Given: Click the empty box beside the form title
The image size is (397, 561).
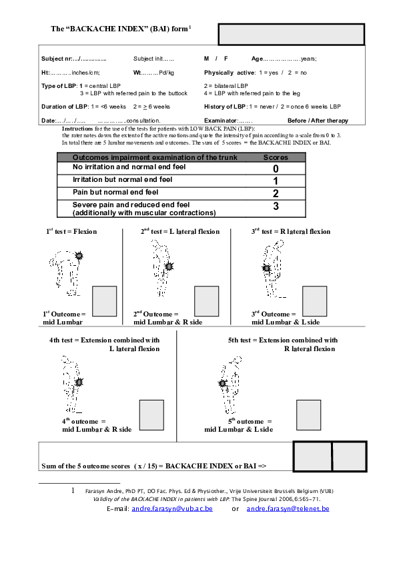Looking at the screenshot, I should pos(292,34).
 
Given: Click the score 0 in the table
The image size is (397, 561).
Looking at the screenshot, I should pos(275,169).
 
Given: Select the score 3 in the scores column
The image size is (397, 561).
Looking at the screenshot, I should pos(275,207).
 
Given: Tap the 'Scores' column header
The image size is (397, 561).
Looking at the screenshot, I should pos(276,157).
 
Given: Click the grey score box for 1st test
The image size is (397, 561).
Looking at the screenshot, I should pos(104,300).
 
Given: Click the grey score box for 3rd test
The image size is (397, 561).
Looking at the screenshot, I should pos(314,300).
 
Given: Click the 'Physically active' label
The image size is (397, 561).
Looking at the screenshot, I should pos(230,72).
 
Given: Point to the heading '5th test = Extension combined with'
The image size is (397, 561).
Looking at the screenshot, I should pos(283,340).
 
